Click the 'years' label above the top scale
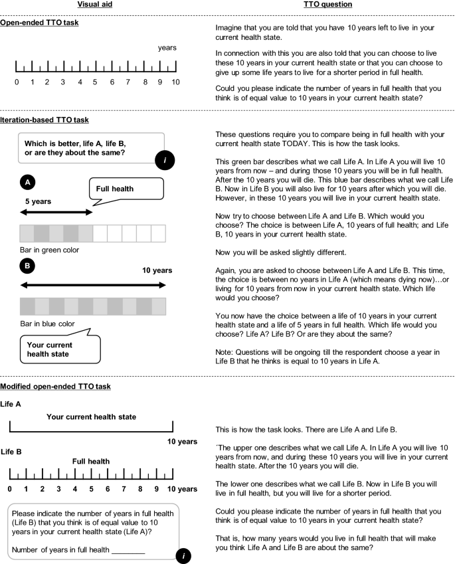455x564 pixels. pyautogui.click(x=167, y=48)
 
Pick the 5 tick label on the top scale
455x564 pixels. pyautogui.click(x=95, y=82)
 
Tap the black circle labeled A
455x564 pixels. pyautogui.click(x=27, y=181)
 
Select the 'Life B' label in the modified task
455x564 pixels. pyautogui.click(x=11, y=452)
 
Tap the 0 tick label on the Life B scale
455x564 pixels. pyautogui.click(x=10, y=490)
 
